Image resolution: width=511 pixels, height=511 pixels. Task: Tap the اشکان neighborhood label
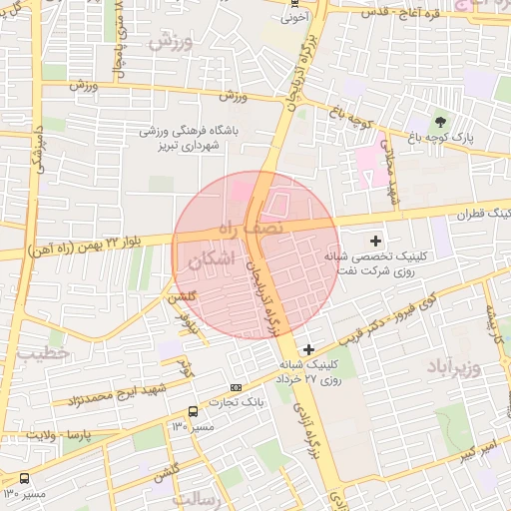pyautogui.click(x=211, y=260)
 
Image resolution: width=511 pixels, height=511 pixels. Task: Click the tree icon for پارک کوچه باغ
pyautogui.click(x=441, y=120)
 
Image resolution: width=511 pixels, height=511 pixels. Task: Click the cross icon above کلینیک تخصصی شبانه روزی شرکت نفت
pyautogui.click(x=375, y=240)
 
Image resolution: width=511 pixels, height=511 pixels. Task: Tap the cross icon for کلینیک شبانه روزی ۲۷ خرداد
pyautogui.click(x=308, y=348)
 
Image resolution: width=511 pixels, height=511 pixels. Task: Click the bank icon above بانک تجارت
pyautogui.click(x=236, y=386)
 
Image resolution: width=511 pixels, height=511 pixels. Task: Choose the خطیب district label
pyautogui.click(x=46, y=353)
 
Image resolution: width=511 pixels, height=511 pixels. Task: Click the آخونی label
pyautogui.click(x=293, y=16)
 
